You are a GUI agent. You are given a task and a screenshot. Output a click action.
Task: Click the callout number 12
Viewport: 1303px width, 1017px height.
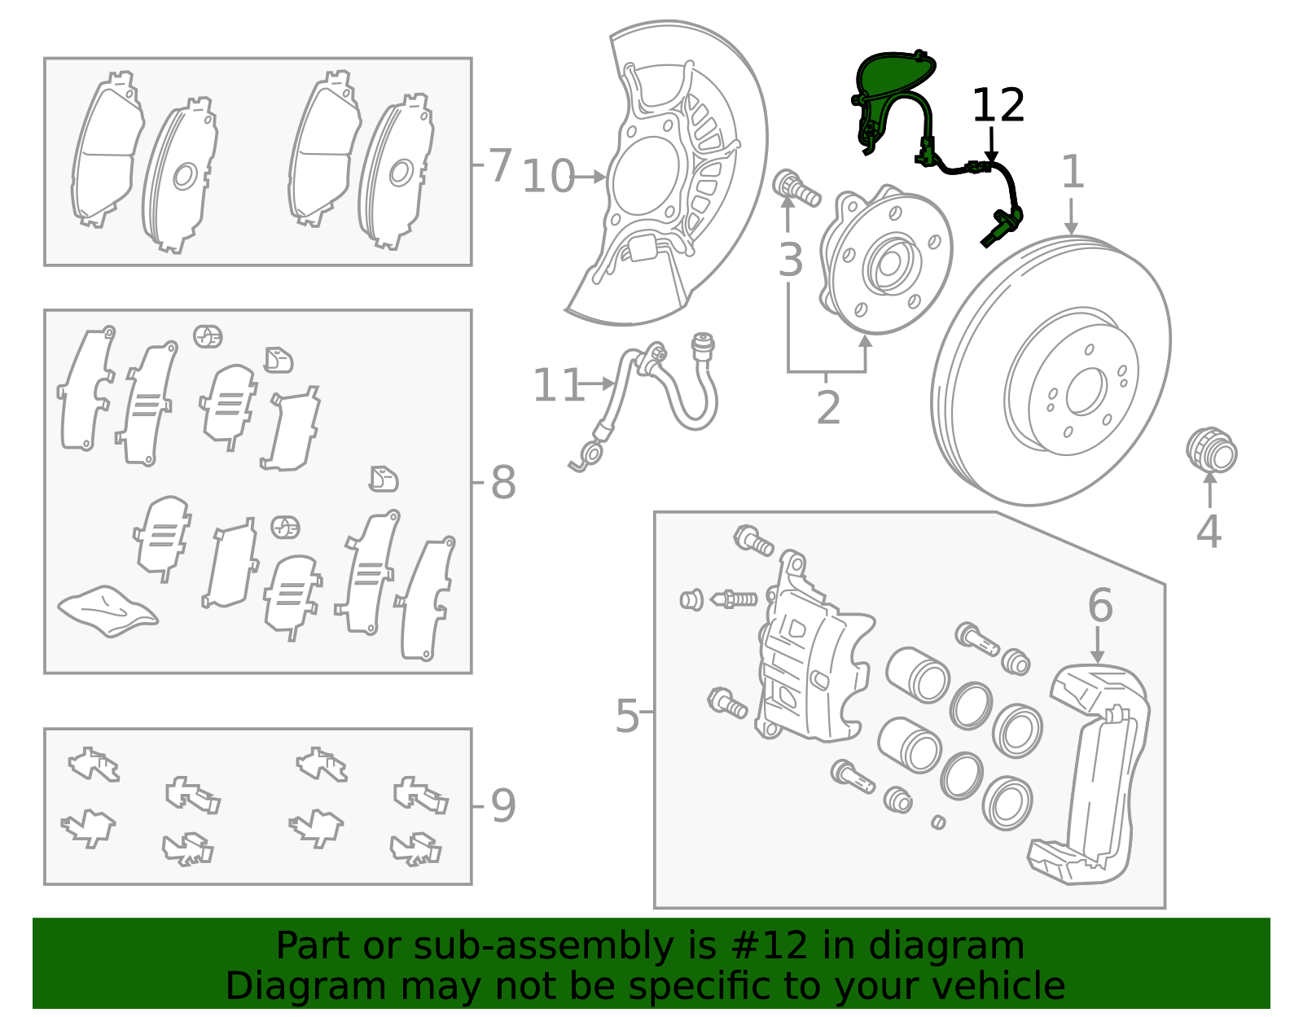coord(998,106)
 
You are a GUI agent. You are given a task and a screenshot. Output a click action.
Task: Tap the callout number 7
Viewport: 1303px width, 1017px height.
coord(499,164)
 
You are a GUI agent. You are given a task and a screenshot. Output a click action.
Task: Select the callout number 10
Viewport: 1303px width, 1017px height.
coord(548,177)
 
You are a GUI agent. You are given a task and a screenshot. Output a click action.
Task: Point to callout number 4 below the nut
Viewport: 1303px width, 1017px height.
coord(1209,532)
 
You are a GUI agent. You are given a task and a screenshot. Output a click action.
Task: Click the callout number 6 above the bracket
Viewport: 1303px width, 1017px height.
coord(1099,606)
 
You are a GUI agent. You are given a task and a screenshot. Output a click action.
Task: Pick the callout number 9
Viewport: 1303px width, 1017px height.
coord(502,806)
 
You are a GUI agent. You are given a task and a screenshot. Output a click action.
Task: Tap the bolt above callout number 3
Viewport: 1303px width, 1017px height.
coord(795,188)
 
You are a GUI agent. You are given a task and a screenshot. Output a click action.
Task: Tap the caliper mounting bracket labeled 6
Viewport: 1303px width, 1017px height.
coord(1095,774)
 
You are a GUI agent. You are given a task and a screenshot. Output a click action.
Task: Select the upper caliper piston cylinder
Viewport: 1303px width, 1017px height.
coord(919,675)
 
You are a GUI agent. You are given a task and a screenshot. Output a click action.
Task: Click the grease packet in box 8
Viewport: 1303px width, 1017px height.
coord(107,611)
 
